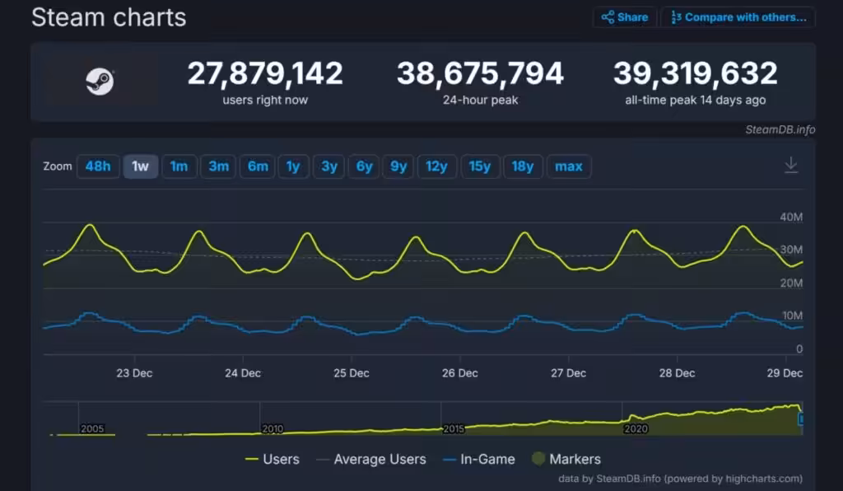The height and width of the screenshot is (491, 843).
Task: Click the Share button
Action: tap(624, 17)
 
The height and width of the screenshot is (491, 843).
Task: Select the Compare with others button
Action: tap(738, 17)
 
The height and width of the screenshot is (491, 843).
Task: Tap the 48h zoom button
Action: tap(97, 166)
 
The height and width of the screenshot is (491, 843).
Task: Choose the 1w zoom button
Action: tap(141, 166)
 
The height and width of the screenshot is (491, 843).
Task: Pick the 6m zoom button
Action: tap(258, 166)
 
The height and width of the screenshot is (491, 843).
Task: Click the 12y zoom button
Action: tap(436, 166)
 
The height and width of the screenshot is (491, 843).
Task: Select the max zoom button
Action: tap(568, 166)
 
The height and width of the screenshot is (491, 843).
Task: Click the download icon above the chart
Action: tap(790, 166)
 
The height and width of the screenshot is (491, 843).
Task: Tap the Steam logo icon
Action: tap(100, 82)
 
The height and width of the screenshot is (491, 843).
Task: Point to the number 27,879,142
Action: tap(265, 74)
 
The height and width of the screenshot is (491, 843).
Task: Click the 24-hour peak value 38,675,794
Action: tap(480, 74)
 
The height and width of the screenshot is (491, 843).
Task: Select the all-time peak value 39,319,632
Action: tap(695, 74)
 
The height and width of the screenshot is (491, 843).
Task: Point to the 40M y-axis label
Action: tap(790, 217)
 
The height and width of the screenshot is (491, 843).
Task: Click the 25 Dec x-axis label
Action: tap(352, 373)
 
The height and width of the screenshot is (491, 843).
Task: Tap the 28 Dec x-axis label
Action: tap(677, 373)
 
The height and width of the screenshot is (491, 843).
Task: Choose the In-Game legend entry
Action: tap(478, 459)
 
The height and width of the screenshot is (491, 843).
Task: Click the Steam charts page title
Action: tap(109, 17)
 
